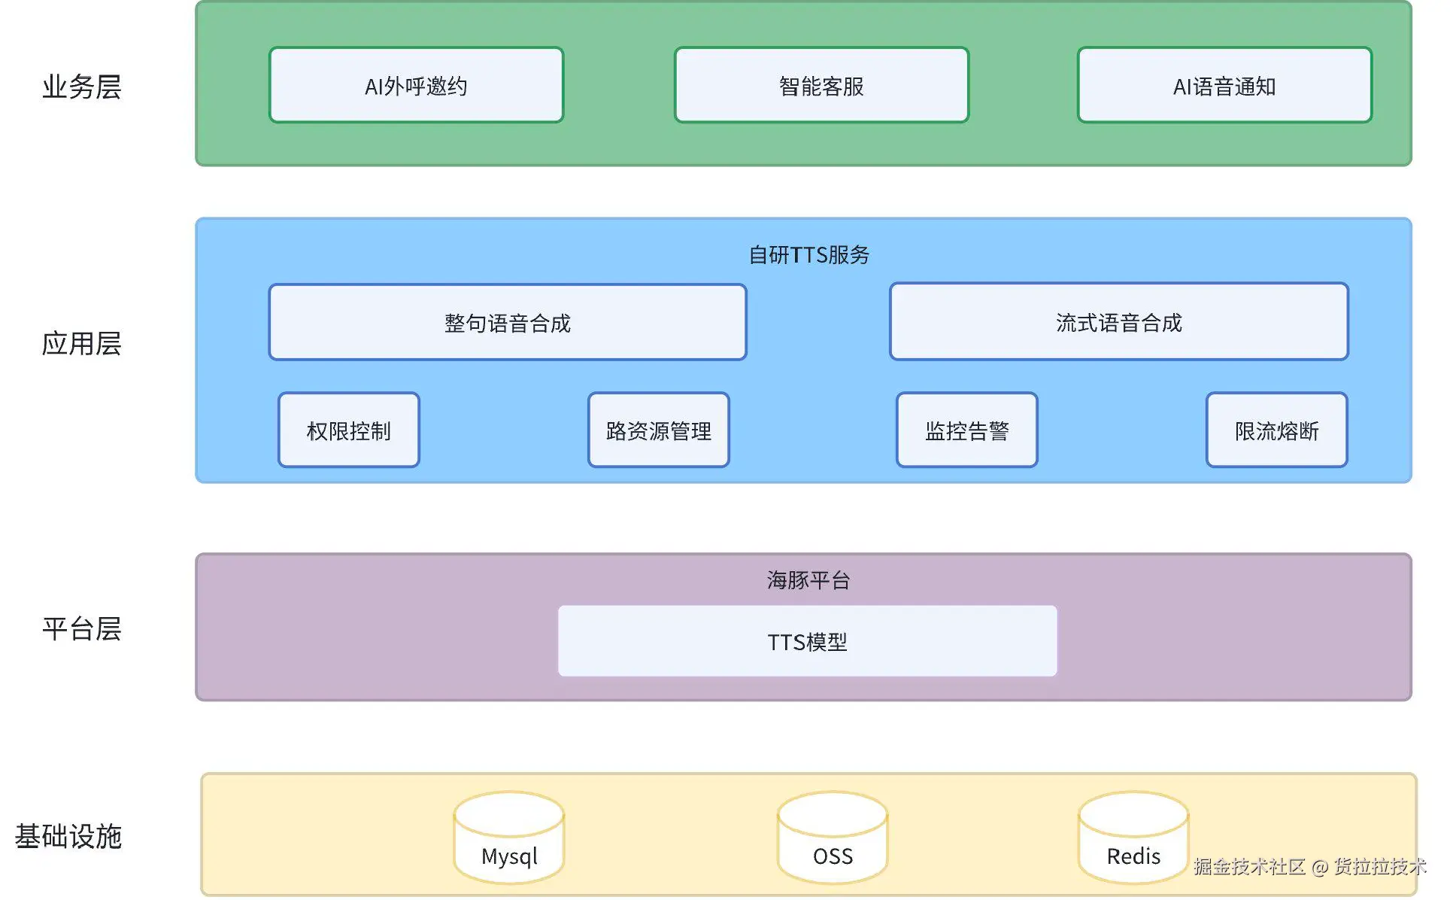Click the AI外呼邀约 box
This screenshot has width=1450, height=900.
click(x=416, y=85)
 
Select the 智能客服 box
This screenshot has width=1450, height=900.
click(x=821, y=85)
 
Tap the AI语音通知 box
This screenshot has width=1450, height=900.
click(x=1224, y=85)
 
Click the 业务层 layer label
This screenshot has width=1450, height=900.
click(x=81, y=87)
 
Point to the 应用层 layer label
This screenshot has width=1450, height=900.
click(x=81, y=343)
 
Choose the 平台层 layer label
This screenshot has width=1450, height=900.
click(x=81, y=628)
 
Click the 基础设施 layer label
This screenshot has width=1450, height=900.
click(x=68, y=836)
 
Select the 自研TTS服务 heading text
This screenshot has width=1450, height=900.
click(x=808, y=255)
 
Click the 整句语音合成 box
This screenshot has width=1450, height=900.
click(x=507, y=322)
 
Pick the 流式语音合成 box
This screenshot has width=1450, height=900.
click(x=1118, y=322)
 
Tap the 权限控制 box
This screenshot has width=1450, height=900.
click(x=348, y=430)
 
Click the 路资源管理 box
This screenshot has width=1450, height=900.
click(x=658, y=430)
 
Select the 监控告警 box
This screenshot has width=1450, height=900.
click(x=966, y=430)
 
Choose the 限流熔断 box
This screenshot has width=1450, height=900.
click(x=1276, y=430)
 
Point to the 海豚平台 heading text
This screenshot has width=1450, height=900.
click(x=808, y=579)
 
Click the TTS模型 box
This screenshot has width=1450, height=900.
click(x=807, y=641)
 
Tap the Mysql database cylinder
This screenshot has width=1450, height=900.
click(x=509, y=839)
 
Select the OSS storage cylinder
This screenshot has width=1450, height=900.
click(x=833, y=839)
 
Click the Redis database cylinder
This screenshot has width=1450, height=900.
click(x=1133, y=839)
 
